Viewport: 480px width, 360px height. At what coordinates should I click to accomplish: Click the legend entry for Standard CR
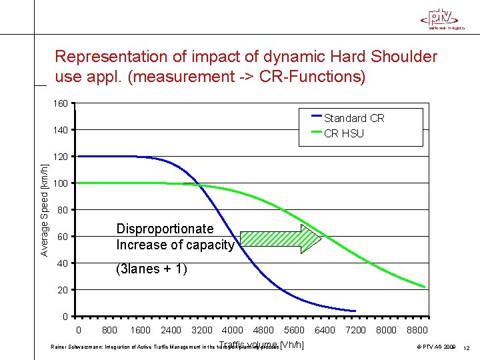[x=353, y=118]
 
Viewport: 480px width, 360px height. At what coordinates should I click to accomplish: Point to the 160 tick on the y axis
[x=60, y=103]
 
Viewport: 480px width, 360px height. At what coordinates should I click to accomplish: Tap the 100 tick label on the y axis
[x=60, y=183]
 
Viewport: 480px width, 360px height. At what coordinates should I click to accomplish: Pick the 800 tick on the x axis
[x=109, y=330]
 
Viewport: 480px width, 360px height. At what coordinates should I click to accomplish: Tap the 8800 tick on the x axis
[x=417, y=330]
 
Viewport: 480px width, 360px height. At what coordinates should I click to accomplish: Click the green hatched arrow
[x=280, y=239]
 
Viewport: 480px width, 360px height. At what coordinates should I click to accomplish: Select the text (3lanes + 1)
[x=151, y=269]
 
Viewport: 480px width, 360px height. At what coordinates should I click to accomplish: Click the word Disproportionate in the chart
[x=165, y=229]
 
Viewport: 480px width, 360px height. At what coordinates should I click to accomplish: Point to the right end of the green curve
[x=424, y=287]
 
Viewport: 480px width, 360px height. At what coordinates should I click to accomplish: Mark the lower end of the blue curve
[x=355, y=311]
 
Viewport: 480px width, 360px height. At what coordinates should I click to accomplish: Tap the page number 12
[x=466, y=348]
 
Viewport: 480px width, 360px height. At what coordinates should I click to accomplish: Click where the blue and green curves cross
[x=199, y=184]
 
